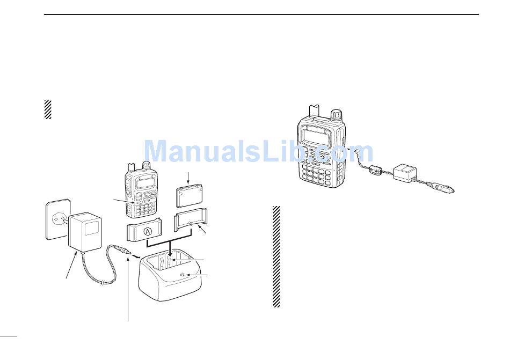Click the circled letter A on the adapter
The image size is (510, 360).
146,232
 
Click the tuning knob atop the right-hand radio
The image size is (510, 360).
336,115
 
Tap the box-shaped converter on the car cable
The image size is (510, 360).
406,173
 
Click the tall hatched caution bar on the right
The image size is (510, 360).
276,256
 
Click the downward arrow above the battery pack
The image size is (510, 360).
188,177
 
